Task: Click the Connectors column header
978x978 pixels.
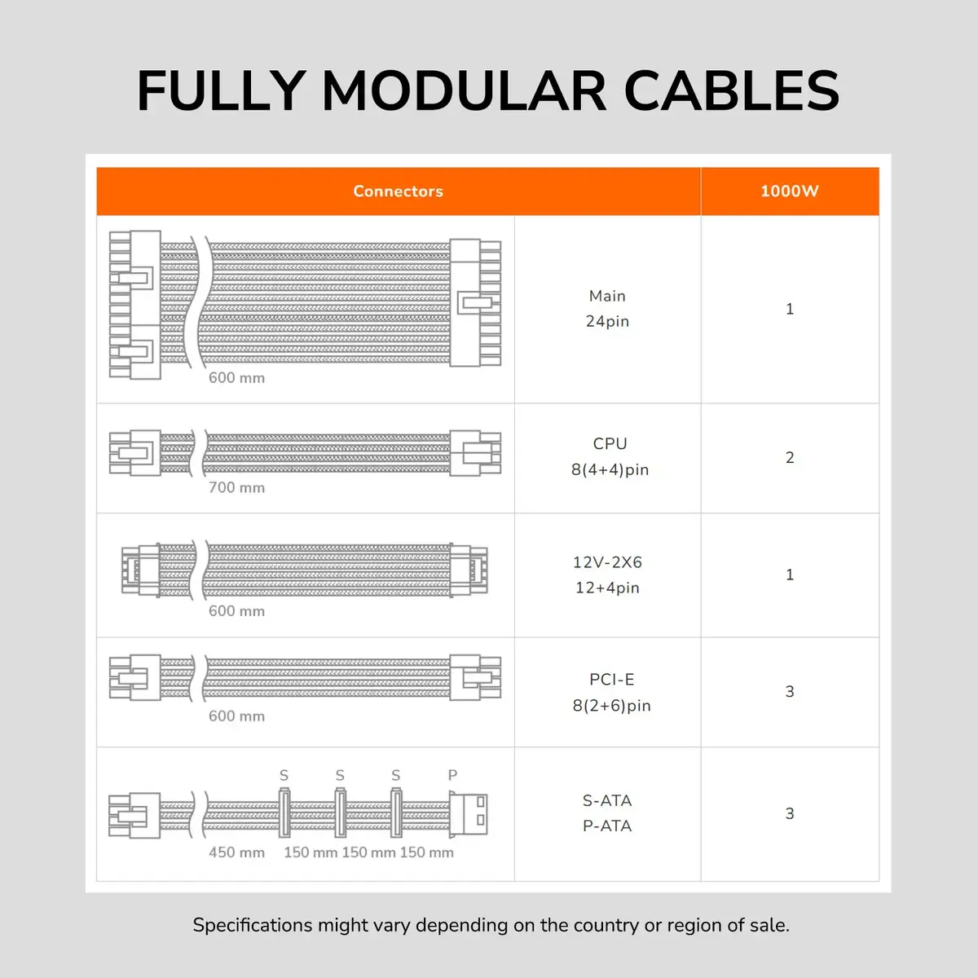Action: point(398,192)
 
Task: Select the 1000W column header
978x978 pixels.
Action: point(789,192)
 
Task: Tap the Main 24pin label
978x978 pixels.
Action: point(607,309)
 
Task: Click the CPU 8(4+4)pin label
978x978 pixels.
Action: point(610,456)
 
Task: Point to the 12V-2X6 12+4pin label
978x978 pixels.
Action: point(607,575)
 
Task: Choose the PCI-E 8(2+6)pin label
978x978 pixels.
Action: point(611,693)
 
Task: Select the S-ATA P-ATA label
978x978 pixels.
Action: point(607,813)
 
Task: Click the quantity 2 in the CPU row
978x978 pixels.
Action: point(790,457)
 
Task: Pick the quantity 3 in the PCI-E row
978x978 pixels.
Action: point(790,691)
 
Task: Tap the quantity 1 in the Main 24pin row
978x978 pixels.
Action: point(790,309)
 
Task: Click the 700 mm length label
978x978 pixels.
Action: point(236,487)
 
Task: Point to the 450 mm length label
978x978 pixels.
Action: point(236,852)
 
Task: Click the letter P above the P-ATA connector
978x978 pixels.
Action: point(452,775)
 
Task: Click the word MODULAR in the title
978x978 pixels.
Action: point(465,90)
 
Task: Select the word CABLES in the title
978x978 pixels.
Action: point(731,90)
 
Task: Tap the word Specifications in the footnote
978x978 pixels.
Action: point(252,926)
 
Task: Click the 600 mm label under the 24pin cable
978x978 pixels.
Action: point(236,378)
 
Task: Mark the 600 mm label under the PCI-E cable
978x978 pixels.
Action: point(236,716)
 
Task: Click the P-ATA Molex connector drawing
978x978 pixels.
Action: point(468,814)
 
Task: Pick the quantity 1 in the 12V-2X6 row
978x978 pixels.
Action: point(790,575)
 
